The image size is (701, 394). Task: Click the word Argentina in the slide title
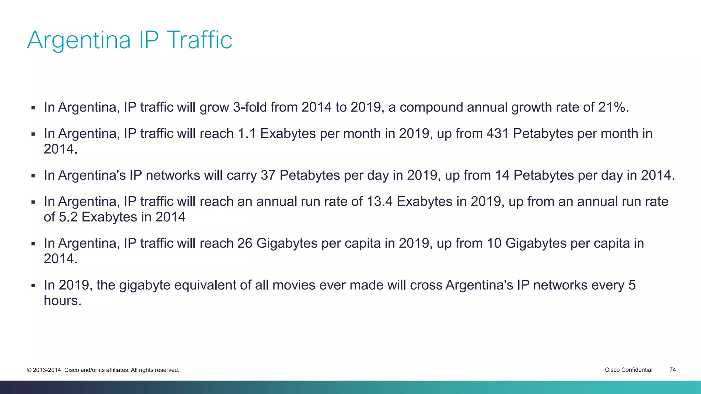tap(79, 40)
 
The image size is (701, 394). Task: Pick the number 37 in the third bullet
tap(268, 175)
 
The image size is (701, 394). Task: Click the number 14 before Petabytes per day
tap(502, 175)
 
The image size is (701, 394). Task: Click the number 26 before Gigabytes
tap(245, 244)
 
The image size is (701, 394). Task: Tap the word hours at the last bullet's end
tap(62, 301)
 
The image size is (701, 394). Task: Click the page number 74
tap(672, 370)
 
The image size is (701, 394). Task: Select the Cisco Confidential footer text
tap(628, 370)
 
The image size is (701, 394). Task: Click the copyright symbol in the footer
tap(29, 370)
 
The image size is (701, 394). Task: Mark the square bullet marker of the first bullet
tap(33, 108)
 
